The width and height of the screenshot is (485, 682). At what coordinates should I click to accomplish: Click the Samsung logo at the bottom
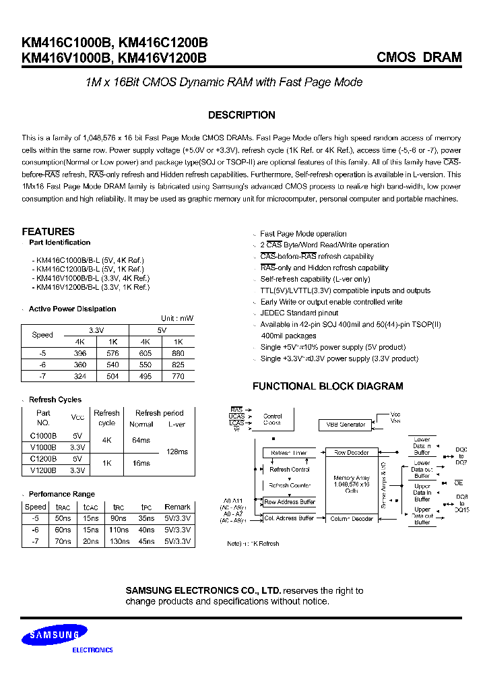click(55, 634)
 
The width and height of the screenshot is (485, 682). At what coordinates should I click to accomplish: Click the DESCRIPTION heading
click(242, 115)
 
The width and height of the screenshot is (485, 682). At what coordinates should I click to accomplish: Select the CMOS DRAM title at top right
click(419, 57)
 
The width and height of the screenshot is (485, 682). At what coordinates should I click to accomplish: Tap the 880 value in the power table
click(178, 353)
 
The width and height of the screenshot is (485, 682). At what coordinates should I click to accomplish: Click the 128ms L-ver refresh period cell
click(176, 452)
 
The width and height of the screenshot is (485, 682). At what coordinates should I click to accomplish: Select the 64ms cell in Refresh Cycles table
click(141, 440)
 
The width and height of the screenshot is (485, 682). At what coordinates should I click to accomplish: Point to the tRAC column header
click(63, 507)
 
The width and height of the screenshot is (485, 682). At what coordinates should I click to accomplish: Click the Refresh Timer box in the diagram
click(288, 453)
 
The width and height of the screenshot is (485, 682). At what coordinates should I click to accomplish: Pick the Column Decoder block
click(352, 519)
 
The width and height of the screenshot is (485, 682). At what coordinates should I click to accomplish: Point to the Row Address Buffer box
click(289, 502)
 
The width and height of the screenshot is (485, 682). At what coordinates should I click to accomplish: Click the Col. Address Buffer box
click(289, 518)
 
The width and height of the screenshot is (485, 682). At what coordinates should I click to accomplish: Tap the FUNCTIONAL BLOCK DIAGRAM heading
click(327, 386)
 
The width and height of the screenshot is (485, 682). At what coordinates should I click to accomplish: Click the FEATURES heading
click(48, 231)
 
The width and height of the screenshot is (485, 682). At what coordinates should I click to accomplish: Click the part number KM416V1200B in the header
click(162, 58)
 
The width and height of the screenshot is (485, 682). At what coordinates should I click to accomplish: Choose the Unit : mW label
click(176, 318)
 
